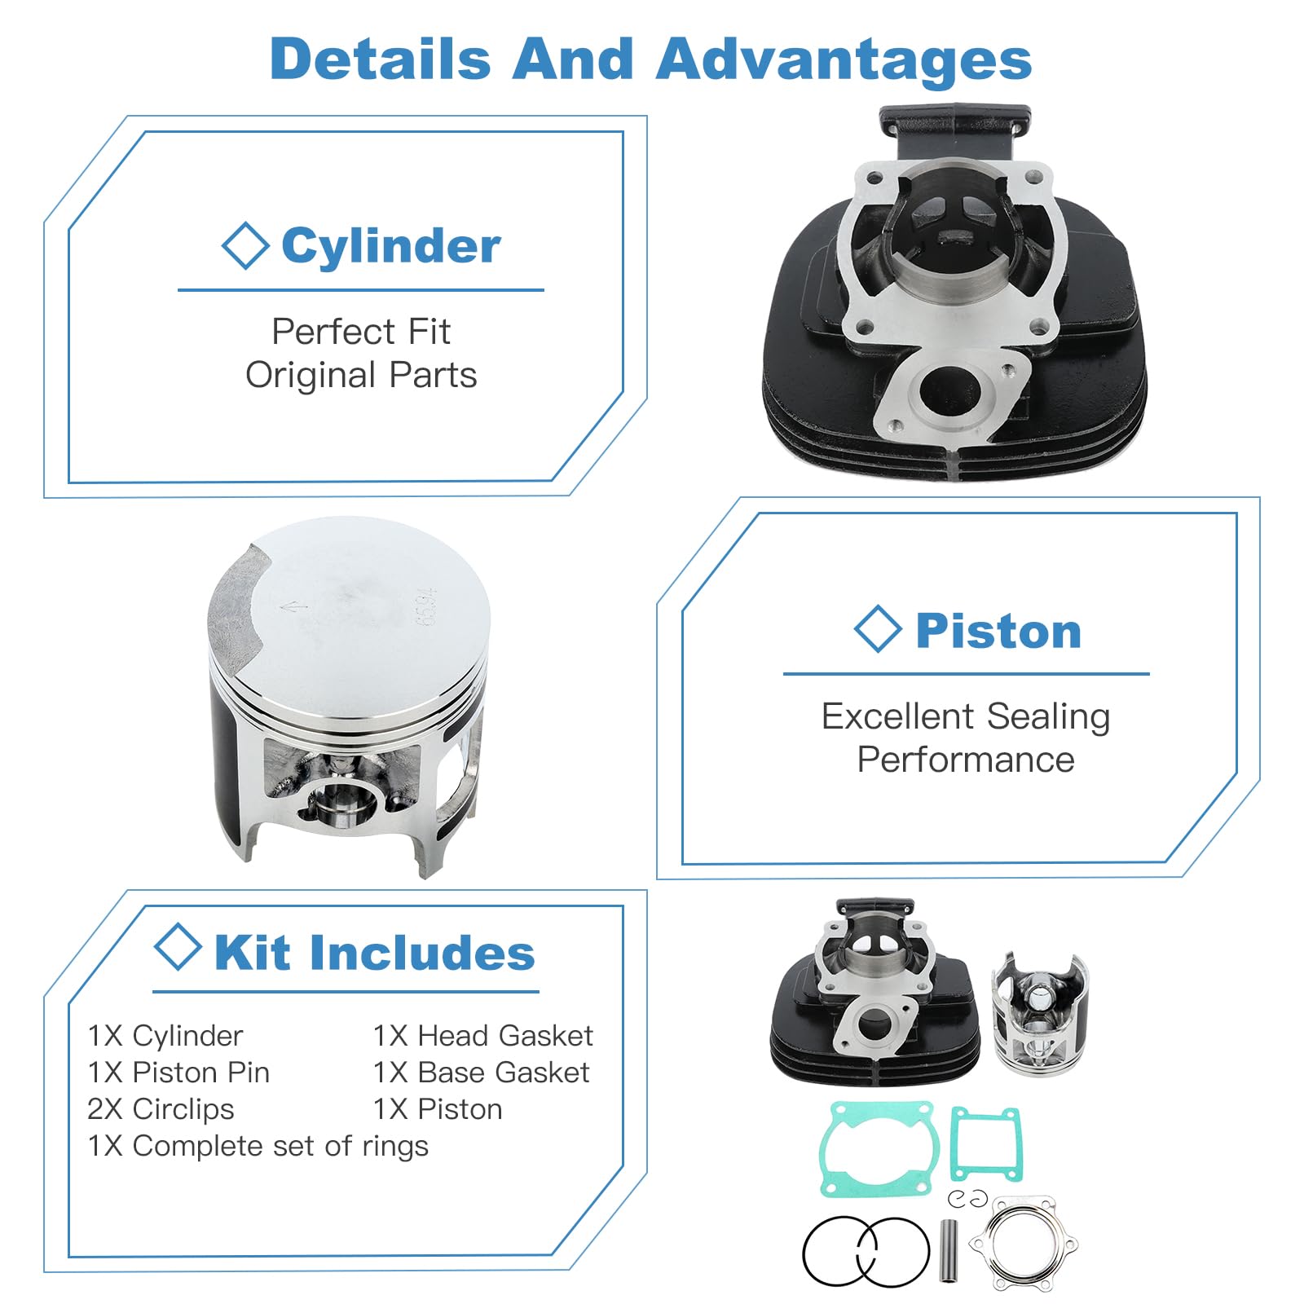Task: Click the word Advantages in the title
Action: click(x=844, y=59)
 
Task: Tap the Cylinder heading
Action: click(x=391, y=246)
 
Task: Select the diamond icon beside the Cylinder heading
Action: click(x=245, y=245)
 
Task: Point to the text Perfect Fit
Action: click(x=361, y=331)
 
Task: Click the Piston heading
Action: click(x=998, y=631)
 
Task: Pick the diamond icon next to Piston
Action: click(x=878, y=629)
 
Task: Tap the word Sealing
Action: click(x=1048, y=717)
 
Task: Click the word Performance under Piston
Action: click(x=966, y=760)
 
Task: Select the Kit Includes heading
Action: click(x=375, y=952)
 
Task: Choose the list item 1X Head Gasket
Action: click(x=483, y=1036)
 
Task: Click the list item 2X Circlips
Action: click(x=161, y=1109)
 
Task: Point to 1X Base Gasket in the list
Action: click(x=481, y=1073)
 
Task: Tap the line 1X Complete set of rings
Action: click(x=258, y=1146)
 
